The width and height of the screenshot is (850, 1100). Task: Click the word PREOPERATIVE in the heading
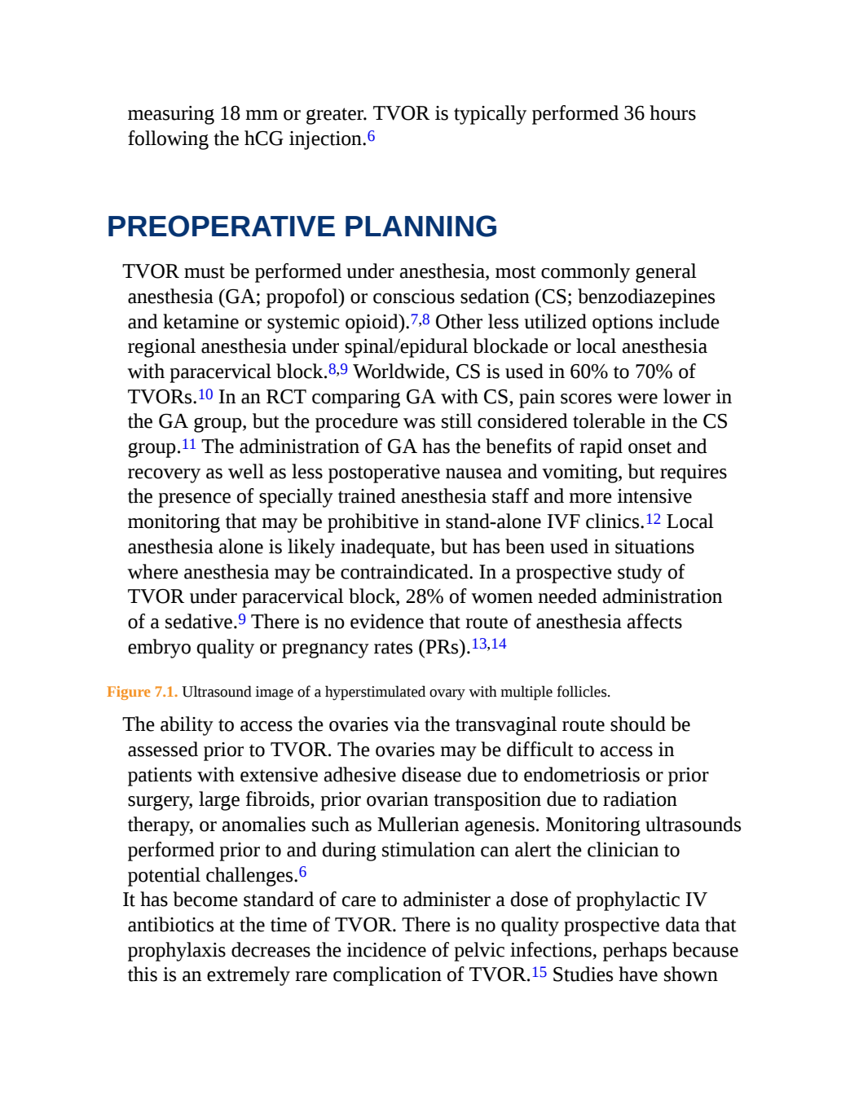[x=221, y=227]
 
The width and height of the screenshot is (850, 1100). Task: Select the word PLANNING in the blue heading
[x=421, y=227]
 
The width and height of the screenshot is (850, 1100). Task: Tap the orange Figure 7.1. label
[x=143, y=692]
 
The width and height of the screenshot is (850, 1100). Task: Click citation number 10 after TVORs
[x=205, y=394]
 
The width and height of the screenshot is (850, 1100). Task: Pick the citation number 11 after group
[x=189, y=444]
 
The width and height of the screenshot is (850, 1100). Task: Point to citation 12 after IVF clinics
[x=653, y=519]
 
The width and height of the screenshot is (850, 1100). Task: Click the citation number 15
[x=540, y=972]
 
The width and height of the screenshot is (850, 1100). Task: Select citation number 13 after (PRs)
[x=479, y=645]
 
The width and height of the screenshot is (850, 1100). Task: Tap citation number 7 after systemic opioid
[x=414, y=319]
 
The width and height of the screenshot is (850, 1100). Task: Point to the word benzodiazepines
[x=646, y=297]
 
